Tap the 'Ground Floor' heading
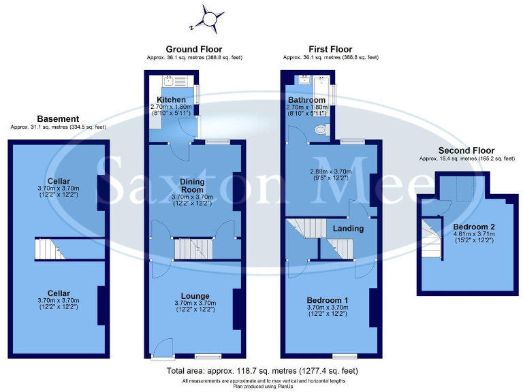tap(194, 49)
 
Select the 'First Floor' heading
tap(330, 49)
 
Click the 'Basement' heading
tap(58, 118)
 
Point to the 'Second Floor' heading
tap(466, 150)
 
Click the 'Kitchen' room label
tap(166, 100)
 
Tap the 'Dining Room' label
tap(197, 186)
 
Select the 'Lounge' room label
tap(195, 295)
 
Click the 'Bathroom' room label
tap(307, 100)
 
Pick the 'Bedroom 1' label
tap(328, 300)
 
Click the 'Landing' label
tap(347, 229)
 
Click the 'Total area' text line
tap(261, 371)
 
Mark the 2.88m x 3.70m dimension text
tap(330, 171)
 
